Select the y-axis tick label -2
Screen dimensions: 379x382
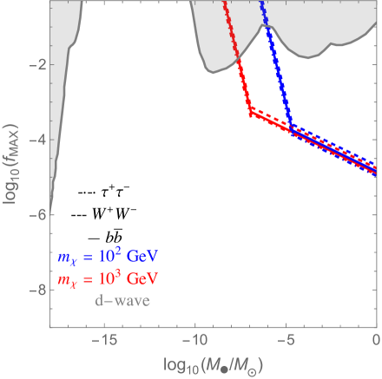point(35,65)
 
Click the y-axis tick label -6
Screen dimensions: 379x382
point(35,214)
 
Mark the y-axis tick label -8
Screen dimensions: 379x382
point(35,289)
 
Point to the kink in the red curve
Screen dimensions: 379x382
point(250,112)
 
